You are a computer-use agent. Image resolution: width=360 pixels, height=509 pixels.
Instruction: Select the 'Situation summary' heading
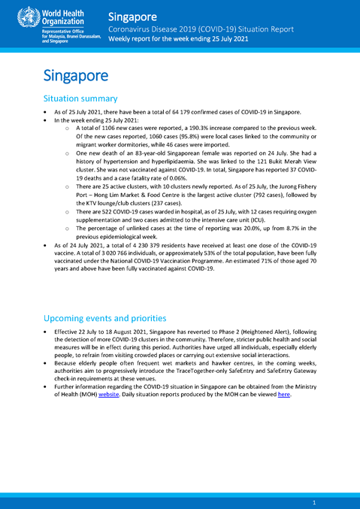coord(80,98)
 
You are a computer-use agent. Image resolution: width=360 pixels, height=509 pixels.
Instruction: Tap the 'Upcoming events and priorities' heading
coord(102,318)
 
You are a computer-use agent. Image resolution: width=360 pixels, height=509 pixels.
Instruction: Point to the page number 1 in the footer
coord(313,501)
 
